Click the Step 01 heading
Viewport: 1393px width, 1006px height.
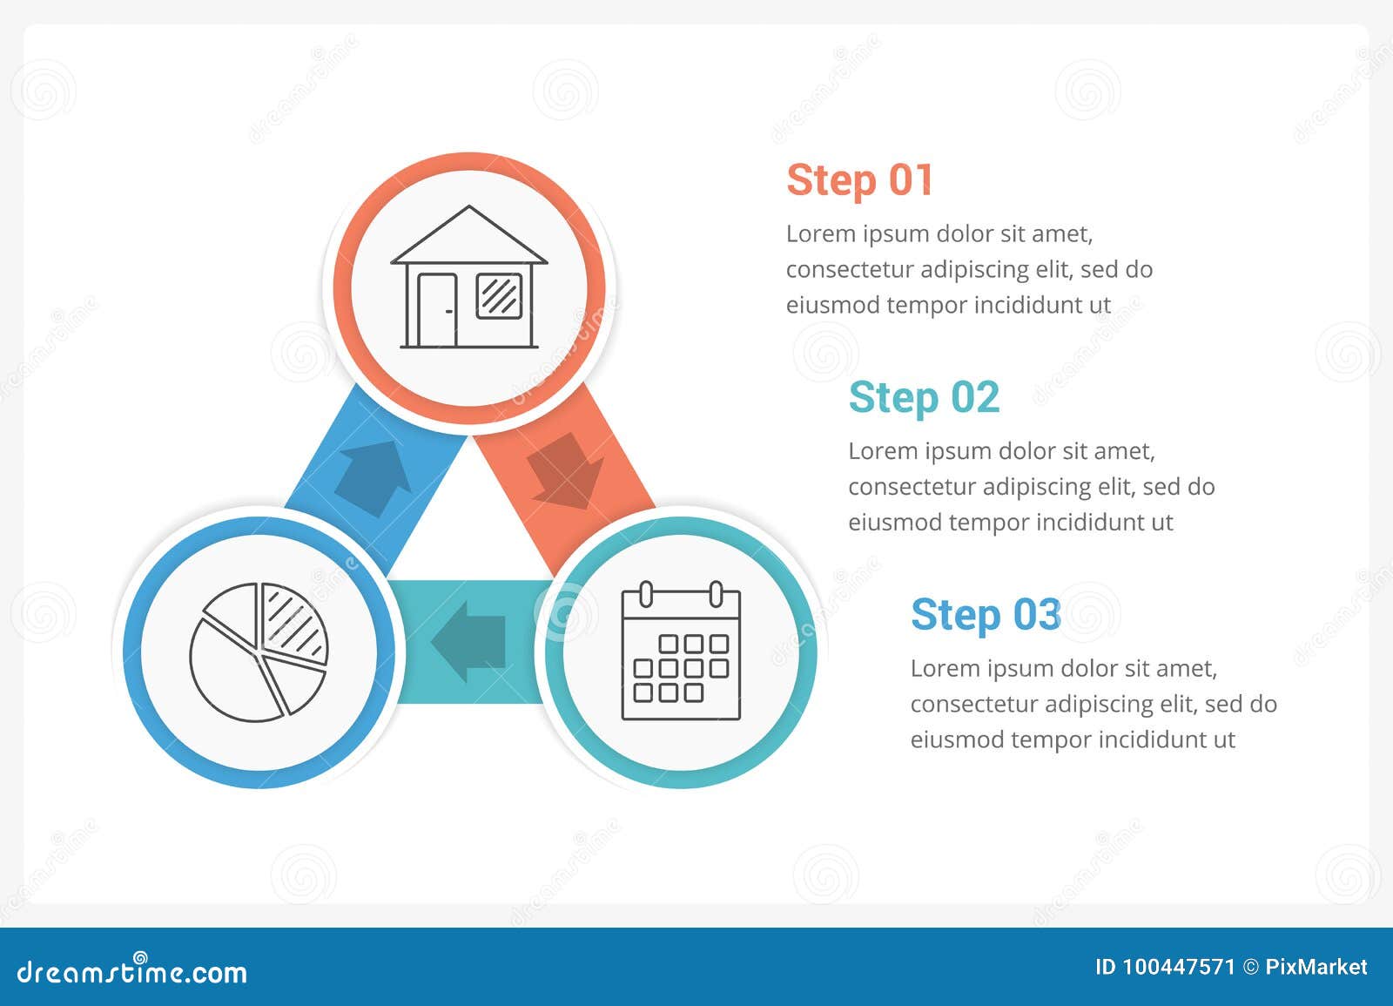click(859, 180)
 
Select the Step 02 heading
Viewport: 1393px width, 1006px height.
click(923, 398)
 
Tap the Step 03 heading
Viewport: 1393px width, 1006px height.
click(986, 615)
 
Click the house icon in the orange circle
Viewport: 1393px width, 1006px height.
click(469, 279)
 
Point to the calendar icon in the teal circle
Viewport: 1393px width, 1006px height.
click(681, 652)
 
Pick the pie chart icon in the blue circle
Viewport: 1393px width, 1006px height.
click(259, 652)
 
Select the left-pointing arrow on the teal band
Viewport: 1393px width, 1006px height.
click(469, 641)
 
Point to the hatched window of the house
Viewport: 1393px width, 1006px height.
click(500, 294)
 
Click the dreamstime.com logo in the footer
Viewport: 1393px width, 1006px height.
click(132, 970)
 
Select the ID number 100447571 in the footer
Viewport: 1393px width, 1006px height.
click(1178, 967)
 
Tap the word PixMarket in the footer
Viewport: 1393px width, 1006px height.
click(1316, 967)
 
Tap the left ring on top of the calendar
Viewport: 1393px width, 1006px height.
click(646, 594)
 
